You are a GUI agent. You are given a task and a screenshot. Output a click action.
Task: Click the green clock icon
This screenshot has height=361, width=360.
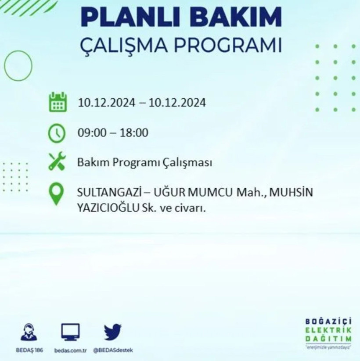pyautogui.click(x=57, y=133)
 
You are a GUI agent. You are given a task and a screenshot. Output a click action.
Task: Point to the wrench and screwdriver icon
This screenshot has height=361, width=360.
pyautogui.click(x=57, y=162)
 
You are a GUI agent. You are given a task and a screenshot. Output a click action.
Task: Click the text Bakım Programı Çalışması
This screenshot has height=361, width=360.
pyautogui.click(x=145, y=163)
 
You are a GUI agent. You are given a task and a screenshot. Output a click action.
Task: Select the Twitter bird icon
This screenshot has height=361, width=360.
pyautogui.click(x=113, y=332)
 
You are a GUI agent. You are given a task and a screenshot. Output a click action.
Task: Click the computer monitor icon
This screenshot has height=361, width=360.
pyautogui.click(x=70, y=332)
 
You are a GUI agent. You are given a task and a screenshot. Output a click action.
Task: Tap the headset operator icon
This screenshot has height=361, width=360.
pyautogui.click(x=29, y=332)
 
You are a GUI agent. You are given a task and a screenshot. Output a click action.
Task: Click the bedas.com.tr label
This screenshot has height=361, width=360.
pyautogui.click(x=70, y=350)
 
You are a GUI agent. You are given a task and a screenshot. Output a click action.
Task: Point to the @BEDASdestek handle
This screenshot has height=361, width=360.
pyautogui.click(x=113, y=350)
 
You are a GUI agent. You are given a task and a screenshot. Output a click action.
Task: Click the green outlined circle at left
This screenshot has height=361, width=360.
pyautogui.click(x=18, y=65)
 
